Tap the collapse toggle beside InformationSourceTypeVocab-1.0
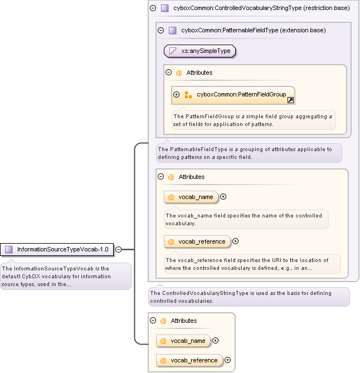click(118, 249)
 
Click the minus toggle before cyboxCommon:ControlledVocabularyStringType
click(153, 8)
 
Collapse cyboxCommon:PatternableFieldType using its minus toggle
click(160, 30)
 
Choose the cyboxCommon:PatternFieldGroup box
click(233, 95)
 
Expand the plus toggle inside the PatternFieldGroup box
click(177, 95)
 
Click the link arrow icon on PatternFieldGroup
click(290, 100)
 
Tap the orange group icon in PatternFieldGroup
click(188, 95)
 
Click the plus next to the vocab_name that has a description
click(223, 196)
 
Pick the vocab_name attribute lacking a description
click(184, 341)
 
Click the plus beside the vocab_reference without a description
click(227, 360)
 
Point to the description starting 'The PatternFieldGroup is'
click(253, 120)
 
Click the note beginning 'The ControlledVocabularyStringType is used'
click(249, 297)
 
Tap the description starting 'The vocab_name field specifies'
click(246, 219)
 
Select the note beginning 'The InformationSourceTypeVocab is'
click(65, 276)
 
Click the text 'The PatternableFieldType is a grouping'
click(248, 153)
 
